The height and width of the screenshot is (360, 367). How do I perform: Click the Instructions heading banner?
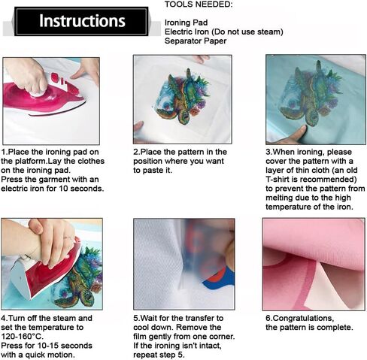81,21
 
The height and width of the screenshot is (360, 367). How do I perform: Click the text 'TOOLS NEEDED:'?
199,5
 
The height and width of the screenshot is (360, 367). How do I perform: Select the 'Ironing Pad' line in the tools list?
186,23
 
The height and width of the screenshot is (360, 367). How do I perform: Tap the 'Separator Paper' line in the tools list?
196,41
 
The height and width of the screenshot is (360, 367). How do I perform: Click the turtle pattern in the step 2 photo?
183,96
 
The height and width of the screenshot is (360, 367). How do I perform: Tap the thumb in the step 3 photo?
296,133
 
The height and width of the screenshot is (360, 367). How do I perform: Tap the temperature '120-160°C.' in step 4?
22,336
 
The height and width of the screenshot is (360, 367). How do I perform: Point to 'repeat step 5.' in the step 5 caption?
159,355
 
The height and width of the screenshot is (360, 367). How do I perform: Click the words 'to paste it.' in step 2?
153,171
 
